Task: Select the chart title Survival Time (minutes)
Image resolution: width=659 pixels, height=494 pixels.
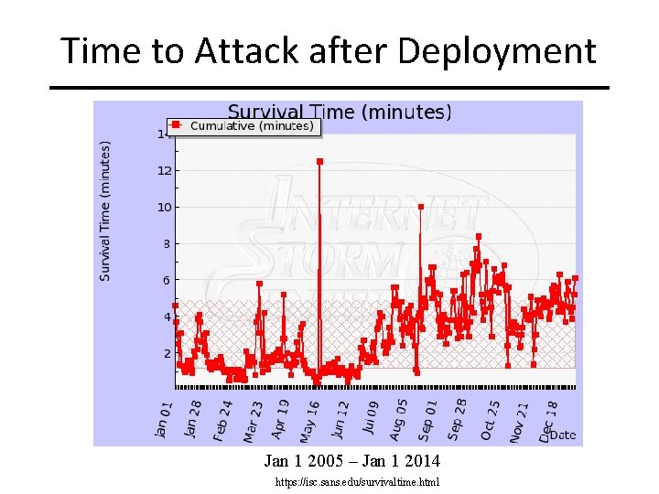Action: coord(339,112)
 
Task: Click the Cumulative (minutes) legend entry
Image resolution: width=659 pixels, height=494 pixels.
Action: coord(251,126)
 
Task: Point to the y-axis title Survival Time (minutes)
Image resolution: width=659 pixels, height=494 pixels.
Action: coord(105,210)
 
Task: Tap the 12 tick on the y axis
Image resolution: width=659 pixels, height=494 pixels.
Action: coord(165,171)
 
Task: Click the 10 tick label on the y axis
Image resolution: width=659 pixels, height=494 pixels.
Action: coord(165,208)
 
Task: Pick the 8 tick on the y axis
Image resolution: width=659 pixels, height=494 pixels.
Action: coord(167,244)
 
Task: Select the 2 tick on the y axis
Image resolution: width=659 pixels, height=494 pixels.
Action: coord(167,353)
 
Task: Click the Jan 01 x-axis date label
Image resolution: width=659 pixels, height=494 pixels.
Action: coord(163,418)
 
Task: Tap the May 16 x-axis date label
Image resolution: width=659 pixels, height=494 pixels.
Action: coord(312,418)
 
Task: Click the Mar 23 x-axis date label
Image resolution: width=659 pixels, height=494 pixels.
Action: coord(253,418)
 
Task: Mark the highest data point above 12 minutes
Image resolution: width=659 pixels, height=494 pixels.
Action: coord(319,162)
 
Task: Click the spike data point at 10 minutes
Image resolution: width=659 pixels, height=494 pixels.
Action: coord(421,207)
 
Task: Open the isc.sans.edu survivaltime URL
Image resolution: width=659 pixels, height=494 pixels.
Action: coord(357,481)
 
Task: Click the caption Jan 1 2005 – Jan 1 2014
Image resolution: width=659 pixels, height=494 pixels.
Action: coord(352,460)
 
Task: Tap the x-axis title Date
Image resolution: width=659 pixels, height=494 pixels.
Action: coord(563,435)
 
